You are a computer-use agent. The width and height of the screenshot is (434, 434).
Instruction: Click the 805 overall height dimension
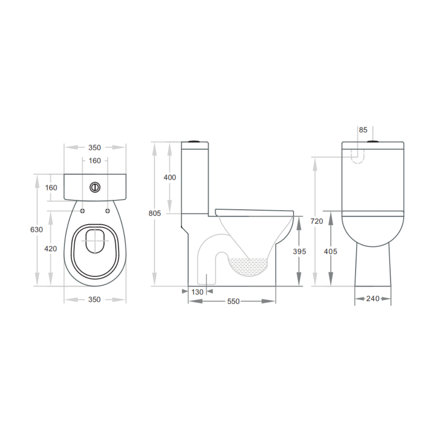click(155, 213)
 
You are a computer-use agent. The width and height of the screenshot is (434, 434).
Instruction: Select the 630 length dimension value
click(37, 230)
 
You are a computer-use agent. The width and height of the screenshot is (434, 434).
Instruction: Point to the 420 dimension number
click(50, 249)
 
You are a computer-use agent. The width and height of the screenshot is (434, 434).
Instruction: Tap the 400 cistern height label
click(170, 177)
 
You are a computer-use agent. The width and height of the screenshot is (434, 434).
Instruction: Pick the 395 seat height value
click(299, 252)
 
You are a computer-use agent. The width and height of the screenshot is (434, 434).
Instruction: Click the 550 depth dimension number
click(233, 301)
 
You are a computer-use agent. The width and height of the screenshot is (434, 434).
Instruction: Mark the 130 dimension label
click(197, 292)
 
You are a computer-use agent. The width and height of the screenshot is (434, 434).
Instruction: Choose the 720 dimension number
click(317, 221)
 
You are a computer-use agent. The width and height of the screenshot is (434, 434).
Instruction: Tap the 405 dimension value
click(331, 252)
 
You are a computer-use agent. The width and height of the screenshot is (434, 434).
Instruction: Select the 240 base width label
click(373, 299)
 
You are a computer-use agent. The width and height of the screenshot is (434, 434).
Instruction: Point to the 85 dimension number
click(363, 130)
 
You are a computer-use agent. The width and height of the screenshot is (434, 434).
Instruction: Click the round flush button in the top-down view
click(95, 187)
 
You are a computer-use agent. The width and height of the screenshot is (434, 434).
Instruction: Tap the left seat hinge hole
click(82, 211)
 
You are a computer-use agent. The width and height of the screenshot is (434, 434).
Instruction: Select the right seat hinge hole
click(107, 211)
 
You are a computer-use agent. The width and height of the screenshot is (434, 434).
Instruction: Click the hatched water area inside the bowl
click(248, 266)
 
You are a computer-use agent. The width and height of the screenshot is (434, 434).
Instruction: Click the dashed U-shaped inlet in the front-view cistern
click(358, 157)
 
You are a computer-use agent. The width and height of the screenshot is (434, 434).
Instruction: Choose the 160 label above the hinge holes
click(95, 161)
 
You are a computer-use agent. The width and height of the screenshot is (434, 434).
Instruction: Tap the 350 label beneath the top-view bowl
click(94, 300)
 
